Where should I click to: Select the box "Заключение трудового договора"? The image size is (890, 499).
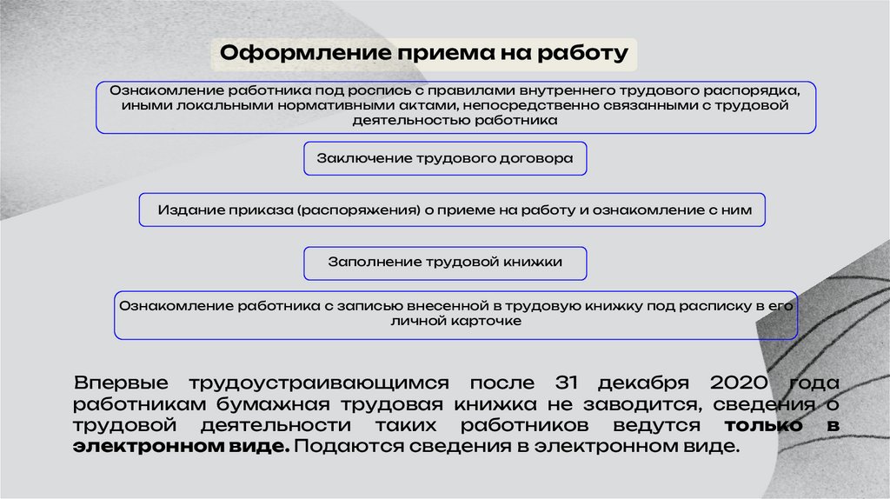[445, 159]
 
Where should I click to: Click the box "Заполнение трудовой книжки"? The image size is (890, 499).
[445, 262]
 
